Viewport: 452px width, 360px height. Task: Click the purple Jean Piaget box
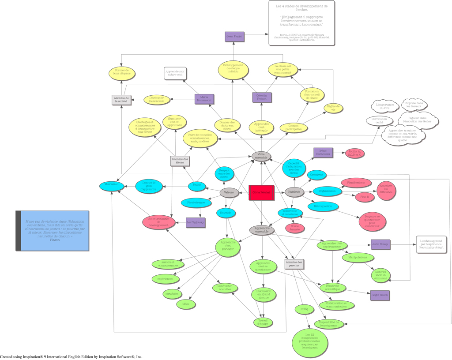click(234, 36)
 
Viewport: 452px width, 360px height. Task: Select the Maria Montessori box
click(204, 99)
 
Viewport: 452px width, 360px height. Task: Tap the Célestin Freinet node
click(262, 97)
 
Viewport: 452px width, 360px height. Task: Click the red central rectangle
click(261, 192)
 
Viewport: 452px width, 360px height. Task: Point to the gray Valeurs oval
click(229, 192)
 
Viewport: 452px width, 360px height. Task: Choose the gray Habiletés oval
click(294, 192)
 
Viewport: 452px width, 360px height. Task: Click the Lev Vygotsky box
click(195, 223)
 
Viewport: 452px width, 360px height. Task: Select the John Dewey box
click(380, 244)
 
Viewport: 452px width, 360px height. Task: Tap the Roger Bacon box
click(380, 295)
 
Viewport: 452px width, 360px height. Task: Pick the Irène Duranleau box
click(323, 153)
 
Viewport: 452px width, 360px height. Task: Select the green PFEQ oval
click(304, 309)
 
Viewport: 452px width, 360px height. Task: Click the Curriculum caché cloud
click(379, 120)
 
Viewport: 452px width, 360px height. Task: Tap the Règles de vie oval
click(333, 108)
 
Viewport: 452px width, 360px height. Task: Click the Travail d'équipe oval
click(263, 322)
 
